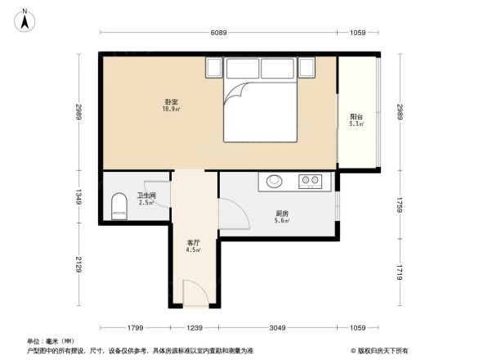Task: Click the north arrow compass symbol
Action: tap(25, 19)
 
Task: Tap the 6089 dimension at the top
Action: tap(217, 33)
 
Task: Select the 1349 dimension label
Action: tap(79, 196)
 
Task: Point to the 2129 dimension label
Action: tap(79, 266)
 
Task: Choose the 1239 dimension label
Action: tap(194, 328)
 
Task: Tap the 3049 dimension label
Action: tap(279, 328)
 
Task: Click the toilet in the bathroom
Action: tap(119, 205)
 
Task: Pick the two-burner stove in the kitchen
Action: tap(310, 180)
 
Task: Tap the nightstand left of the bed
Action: tap(214, 66)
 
